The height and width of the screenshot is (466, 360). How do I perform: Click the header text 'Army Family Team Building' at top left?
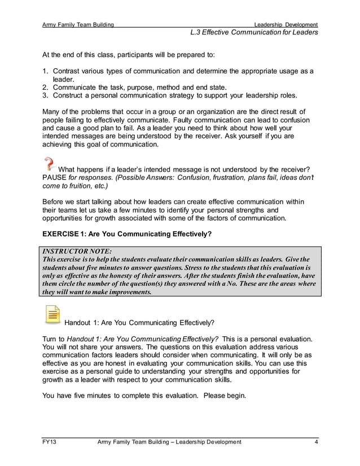tap(78, 25)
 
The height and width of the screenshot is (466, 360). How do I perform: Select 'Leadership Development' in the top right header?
tap(286, 25)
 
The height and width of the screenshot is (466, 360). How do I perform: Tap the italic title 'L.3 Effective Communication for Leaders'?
tap(254, 33)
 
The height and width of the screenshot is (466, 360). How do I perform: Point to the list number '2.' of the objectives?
tap(46, 87)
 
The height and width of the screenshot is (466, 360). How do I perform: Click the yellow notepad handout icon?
tap(52, 315)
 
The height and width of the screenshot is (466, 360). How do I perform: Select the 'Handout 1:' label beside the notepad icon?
tap(84, 323)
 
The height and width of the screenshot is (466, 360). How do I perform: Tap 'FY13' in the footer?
tap(50, 442)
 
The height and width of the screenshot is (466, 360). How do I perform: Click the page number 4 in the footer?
tap(316, 442)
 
